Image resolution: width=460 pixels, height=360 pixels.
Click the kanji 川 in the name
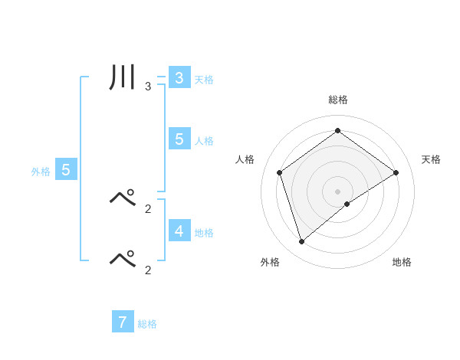[x=123, y=80]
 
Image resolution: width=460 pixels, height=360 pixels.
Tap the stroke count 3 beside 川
[x=148, y=87]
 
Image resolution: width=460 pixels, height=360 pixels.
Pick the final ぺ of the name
[x=123, y=259]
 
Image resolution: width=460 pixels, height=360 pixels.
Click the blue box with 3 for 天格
[x=179, y=78]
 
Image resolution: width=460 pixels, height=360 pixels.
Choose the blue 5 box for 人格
[x=179, y=139]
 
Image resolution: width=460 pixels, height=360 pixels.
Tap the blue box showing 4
[x=179, y=231]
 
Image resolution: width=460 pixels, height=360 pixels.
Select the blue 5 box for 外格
[x=66, y=170]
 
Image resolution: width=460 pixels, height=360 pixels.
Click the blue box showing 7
[x=123, y=322]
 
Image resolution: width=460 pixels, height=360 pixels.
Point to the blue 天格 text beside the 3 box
[x=204, y=80]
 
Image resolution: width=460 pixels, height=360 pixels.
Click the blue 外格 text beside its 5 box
[x=41, y=172]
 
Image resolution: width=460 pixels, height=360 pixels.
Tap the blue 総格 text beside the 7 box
[x=147, y=324]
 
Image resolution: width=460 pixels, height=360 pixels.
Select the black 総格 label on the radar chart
[x=337, y=100]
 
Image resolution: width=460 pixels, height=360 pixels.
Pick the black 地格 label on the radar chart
[x=402, y=262]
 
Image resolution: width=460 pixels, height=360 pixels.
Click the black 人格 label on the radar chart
[x=245, y=159]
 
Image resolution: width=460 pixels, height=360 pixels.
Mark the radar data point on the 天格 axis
[x=396, y=172]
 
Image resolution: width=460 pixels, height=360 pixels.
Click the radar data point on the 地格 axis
[x=347, y=204]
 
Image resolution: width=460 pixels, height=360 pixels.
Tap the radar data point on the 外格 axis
[x=301, y=242]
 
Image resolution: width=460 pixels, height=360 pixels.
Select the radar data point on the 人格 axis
[x=279, y=172]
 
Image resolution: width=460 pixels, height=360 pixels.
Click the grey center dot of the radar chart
[x=337, y=191]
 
